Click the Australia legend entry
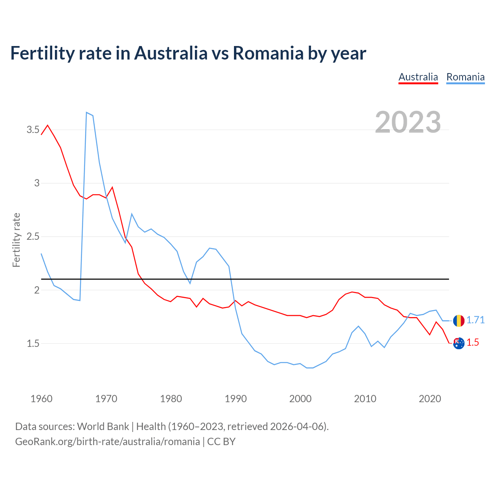click(418, 77)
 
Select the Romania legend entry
click(465, 77)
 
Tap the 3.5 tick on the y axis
click(33, 130)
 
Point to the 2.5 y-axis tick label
click(33, 236)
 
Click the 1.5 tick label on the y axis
click(33, 343)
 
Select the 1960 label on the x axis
click(41, 399)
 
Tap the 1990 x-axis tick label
click(236, 399)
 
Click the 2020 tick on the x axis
click(430, 399)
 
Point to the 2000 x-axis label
click(300, 399)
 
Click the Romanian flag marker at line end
click(459, 321)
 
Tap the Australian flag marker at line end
click(459, 343)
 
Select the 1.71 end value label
click(475, 320)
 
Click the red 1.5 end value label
click(473, 343)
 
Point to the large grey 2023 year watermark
click(408, 122)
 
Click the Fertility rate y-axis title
click(16, 240)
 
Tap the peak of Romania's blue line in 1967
click(87, 113)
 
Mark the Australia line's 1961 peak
click(48, 125)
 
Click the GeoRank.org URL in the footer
click(108, 441)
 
